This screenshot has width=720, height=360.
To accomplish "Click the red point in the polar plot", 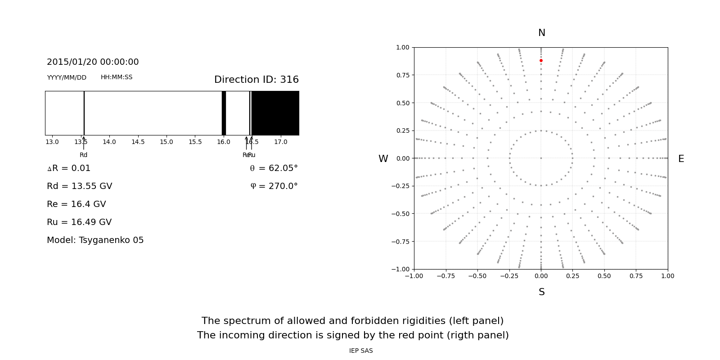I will (541, 60).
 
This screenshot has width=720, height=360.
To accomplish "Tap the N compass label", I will (541, 33).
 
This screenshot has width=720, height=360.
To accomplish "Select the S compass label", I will (541, 292).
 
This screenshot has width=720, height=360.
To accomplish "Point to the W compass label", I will (383, 159).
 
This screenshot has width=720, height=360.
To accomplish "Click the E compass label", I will (681, 159).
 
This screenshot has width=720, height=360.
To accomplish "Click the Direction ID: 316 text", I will (256, 80).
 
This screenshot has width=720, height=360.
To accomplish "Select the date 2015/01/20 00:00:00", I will (93, 62).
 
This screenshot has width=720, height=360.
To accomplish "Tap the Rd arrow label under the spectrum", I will (83, 155).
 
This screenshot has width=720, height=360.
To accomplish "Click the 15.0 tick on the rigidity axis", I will (166, 142).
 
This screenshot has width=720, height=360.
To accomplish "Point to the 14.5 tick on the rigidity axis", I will (138, 142).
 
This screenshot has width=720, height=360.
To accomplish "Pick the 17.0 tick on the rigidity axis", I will (281, 142).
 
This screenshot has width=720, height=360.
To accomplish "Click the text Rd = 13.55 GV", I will (79, 186).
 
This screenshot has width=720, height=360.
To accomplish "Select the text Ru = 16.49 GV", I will (79, 222).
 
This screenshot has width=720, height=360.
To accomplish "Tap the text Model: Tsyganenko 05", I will (95, 240).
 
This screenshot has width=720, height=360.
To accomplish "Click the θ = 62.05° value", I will (274, 168).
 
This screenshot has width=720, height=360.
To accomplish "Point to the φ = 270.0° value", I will (274, 186).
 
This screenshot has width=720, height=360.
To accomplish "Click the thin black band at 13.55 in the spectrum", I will (84, 113).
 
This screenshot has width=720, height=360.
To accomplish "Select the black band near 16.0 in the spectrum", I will (224, 113).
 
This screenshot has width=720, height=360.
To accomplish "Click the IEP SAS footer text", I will (361, 351).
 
